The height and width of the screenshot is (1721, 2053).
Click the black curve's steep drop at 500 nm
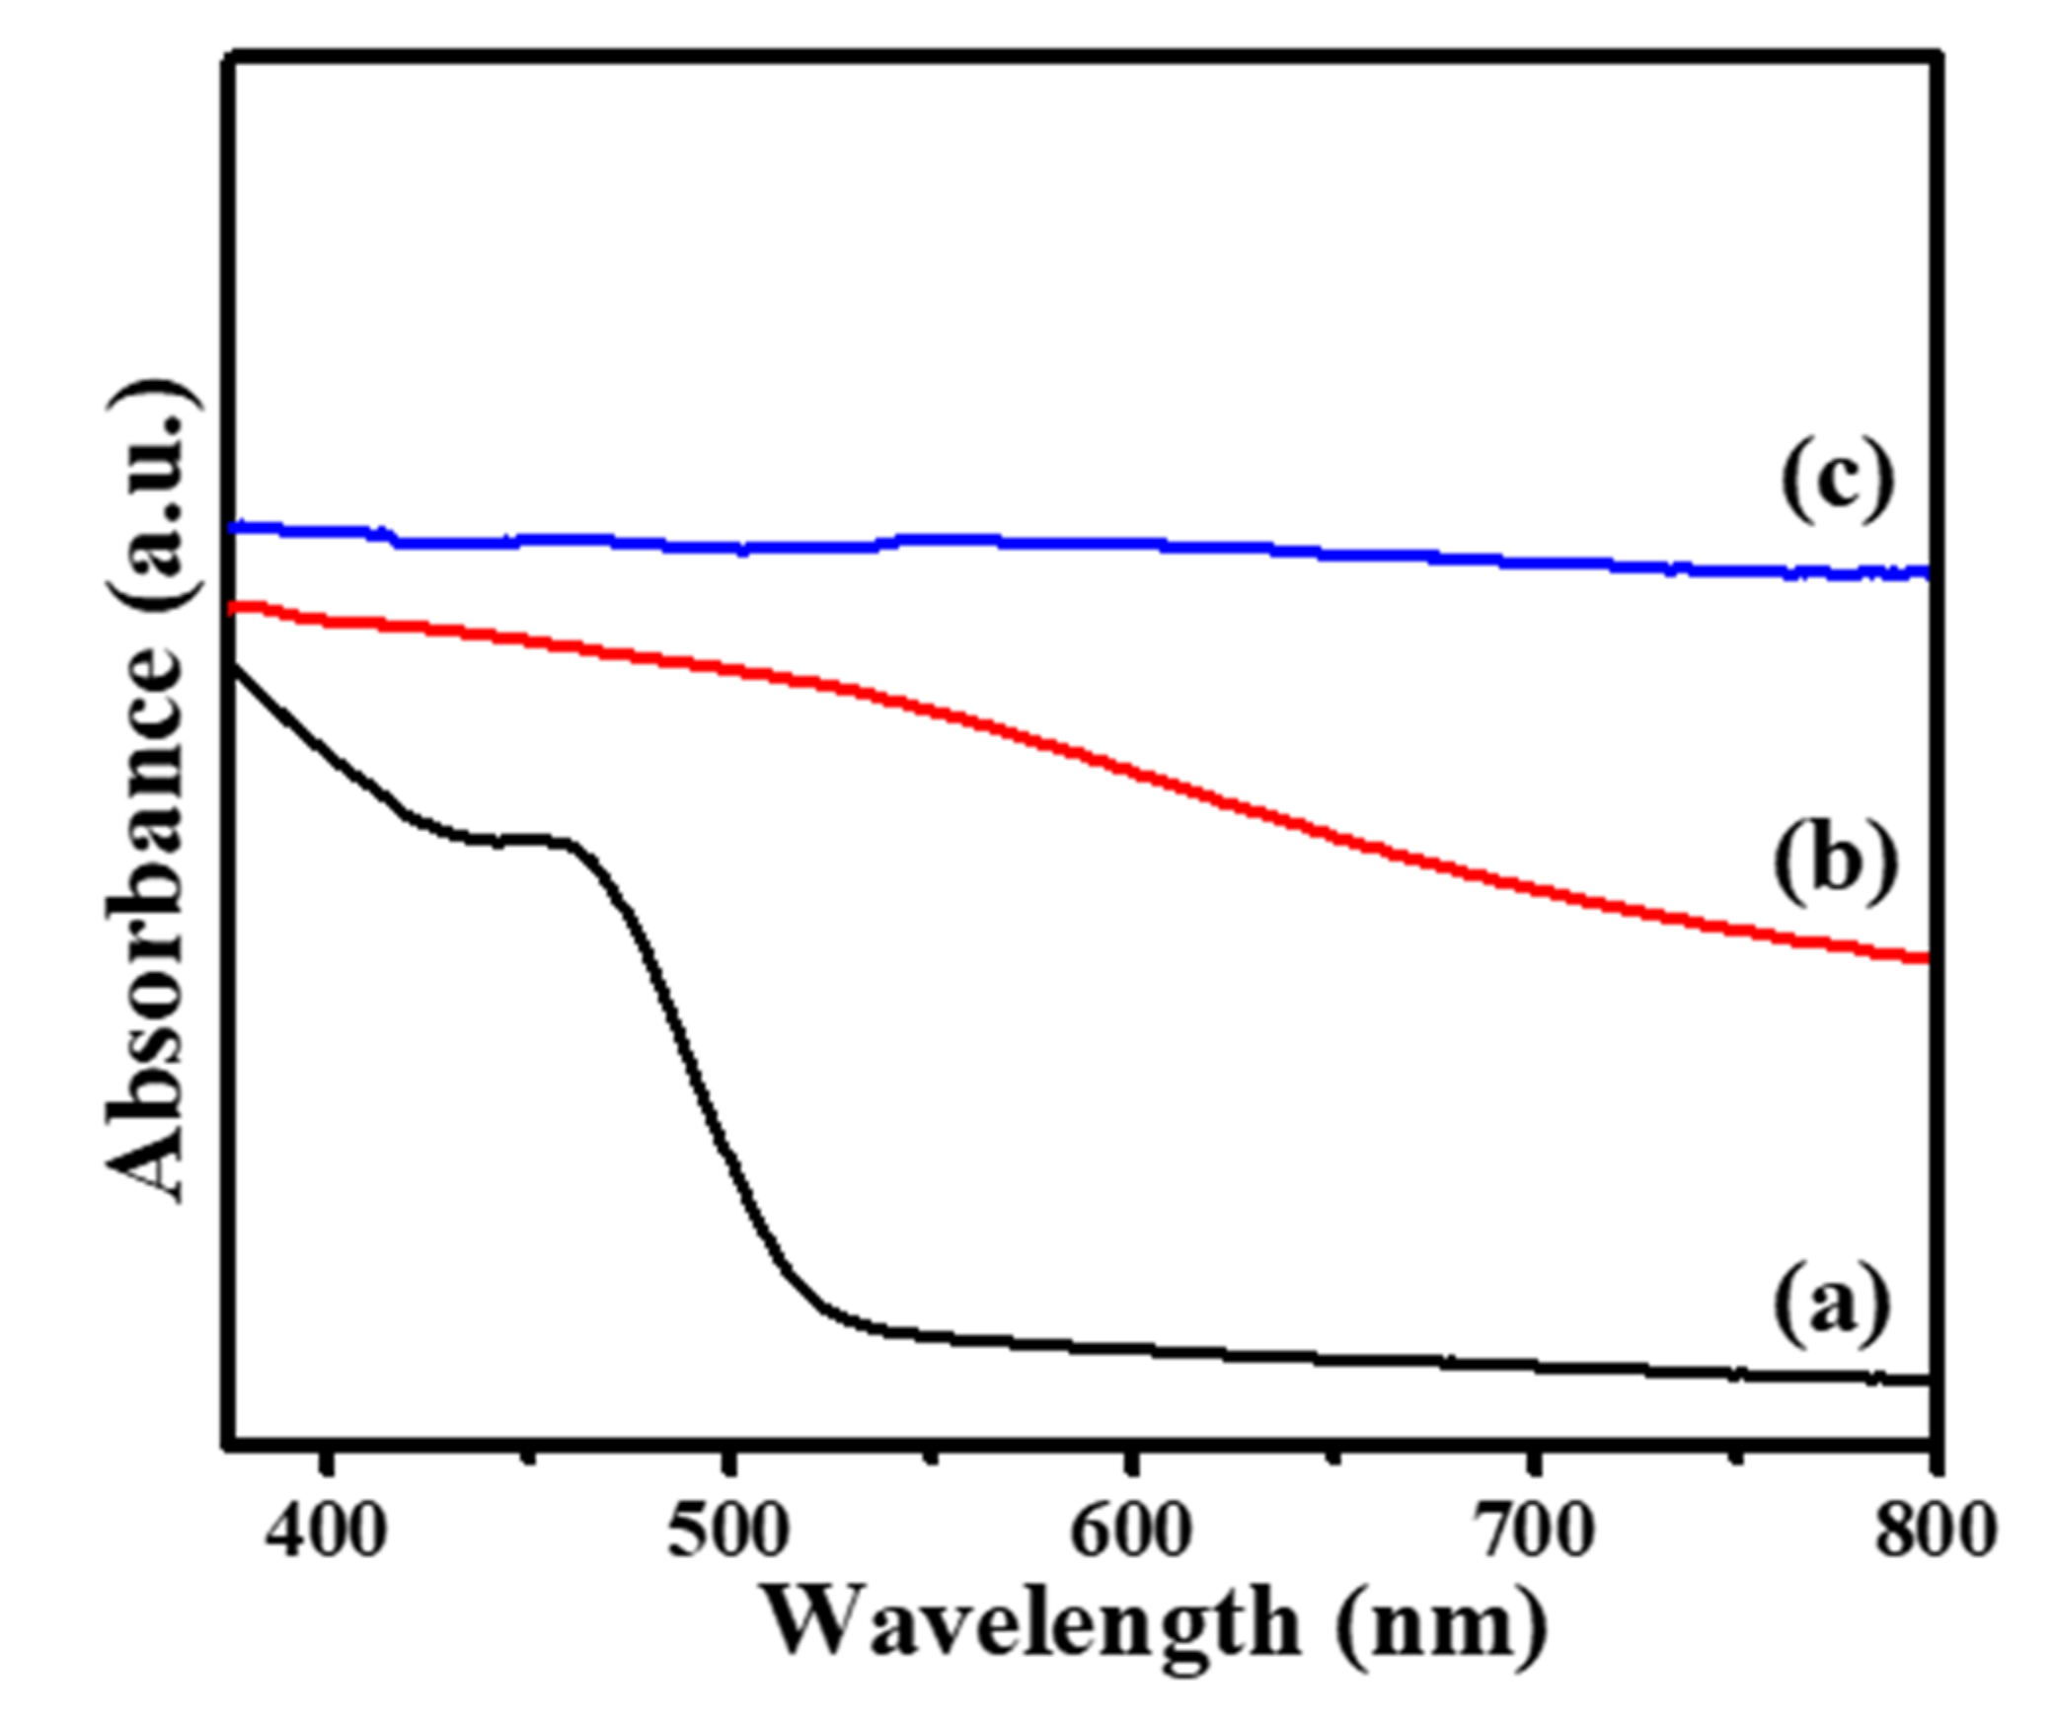[x=727, y=1150]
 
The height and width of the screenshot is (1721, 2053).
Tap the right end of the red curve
[x=1925, y=958]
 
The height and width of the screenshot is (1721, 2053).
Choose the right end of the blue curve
[x=1925, y=572]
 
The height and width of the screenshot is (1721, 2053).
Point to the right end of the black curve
[x=1925, y=1380]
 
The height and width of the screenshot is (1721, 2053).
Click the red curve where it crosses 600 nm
[x=1130, y=769]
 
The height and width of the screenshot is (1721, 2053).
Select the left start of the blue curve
[x=235, y=528]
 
